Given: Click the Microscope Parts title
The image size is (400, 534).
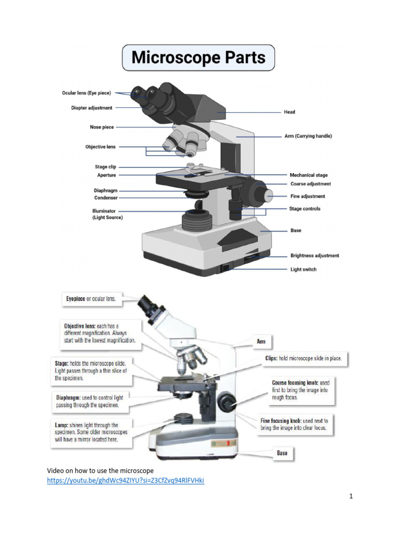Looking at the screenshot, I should click(198, 57).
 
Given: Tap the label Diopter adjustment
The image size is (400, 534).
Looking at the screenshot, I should click(92, 108).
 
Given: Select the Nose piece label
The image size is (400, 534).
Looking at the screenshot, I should click(102, 127).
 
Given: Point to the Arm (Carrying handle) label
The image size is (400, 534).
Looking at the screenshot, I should click(308, 136).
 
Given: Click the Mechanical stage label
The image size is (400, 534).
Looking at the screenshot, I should click(308, 175).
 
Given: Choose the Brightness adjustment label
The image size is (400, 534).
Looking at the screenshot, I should click(314, 256).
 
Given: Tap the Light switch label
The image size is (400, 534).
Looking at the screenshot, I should click(303, 270).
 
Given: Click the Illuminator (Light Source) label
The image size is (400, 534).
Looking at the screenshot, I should click(108, 214).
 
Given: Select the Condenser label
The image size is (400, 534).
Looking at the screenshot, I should click(106, 198).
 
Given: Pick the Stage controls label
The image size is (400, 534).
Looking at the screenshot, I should click(305, 209).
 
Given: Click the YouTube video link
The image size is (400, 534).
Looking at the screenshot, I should click(126, 480).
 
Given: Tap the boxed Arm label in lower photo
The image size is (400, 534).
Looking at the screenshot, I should click(261, 342).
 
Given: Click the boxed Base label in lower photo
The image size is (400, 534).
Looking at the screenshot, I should click(282, 453).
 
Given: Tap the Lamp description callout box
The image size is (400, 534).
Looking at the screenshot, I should click(91, 432).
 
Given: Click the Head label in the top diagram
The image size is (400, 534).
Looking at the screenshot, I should click(289, 112).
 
